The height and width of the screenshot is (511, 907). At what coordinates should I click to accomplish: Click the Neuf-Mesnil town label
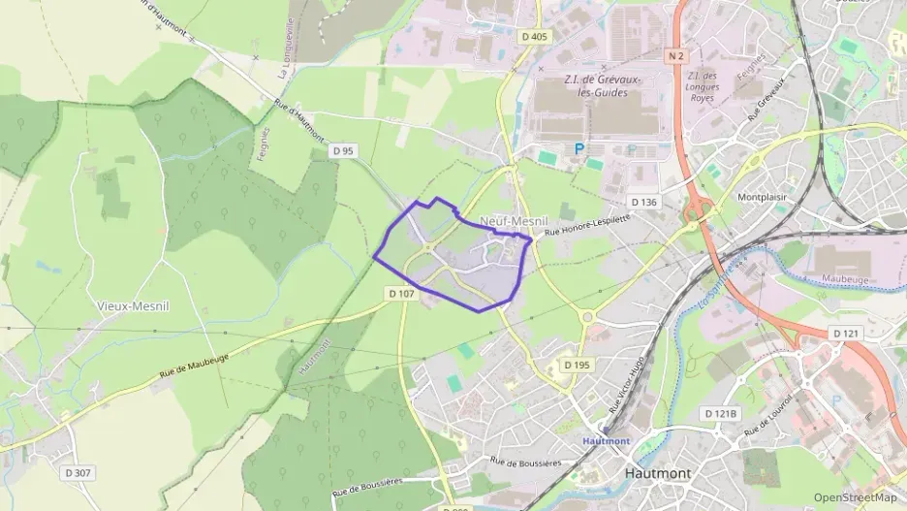tap(514, 222)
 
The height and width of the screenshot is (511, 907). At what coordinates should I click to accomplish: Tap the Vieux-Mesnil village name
tap(133, 304)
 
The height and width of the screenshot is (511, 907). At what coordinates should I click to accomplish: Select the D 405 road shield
tap(533, 37)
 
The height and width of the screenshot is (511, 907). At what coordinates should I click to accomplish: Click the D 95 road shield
tap(343, 150)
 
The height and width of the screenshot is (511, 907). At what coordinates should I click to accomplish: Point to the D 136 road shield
tap(643, 202)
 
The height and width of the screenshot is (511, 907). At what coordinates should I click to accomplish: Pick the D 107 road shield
tap(401, 293)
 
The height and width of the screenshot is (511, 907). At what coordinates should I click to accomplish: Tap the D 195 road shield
tap(576, 365)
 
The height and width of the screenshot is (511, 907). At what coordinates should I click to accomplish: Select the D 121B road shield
tap(720, 414)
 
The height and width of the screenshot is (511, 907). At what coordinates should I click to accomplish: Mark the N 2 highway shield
tap(675, 57)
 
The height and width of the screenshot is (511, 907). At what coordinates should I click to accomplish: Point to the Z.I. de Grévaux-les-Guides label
tap(595, 86)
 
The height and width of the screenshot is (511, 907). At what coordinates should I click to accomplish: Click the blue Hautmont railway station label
tap(606, 440)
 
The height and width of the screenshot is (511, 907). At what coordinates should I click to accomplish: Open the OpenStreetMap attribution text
tap(855, 497)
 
